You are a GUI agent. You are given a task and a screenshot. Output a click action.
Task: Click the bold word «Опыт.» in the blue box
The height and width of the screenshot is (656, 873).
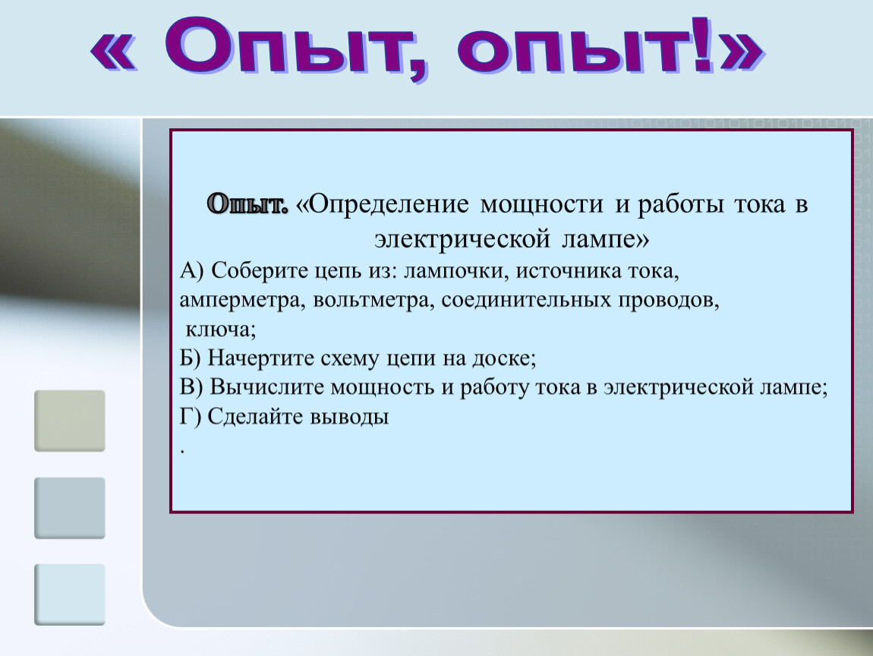[x=247, y=205]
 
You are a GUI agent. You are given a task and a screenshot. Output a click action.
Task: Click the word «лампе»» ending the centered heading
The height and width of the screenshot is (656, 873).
[x=605, y=240]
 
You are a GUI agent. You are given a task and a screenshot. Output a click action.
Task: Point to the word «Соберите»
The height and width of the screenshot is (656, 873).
[x=260, y=271]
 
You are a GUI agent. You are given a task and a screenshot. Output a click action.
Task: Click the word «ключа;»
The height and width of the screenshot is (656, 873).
[x=220, y=329]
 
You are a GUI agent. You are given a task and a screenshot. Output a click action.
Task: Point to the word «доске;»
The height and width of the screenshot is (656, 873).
[x=504, y=358]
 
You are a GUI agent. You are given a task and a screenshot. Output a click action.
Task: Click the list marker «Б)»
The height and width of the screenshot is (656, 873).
[x=190, y=358]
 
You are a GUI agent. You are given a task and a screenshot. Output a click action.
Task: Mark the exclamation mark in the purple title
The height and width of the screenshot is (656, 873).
[x=703, y=46]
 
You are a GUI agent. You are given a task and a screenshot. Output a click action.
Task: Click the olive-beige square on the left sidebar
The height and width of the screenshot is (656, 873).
[x=70, y=421]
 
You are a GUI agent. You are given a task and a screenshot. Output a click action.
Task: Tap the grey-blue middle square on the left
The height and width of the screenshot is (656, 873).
[x=70, y=508]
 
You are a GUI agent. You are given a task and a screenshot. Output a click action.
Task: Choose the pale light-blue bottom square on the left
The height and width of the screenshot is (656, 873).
[x=70, y=594]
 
